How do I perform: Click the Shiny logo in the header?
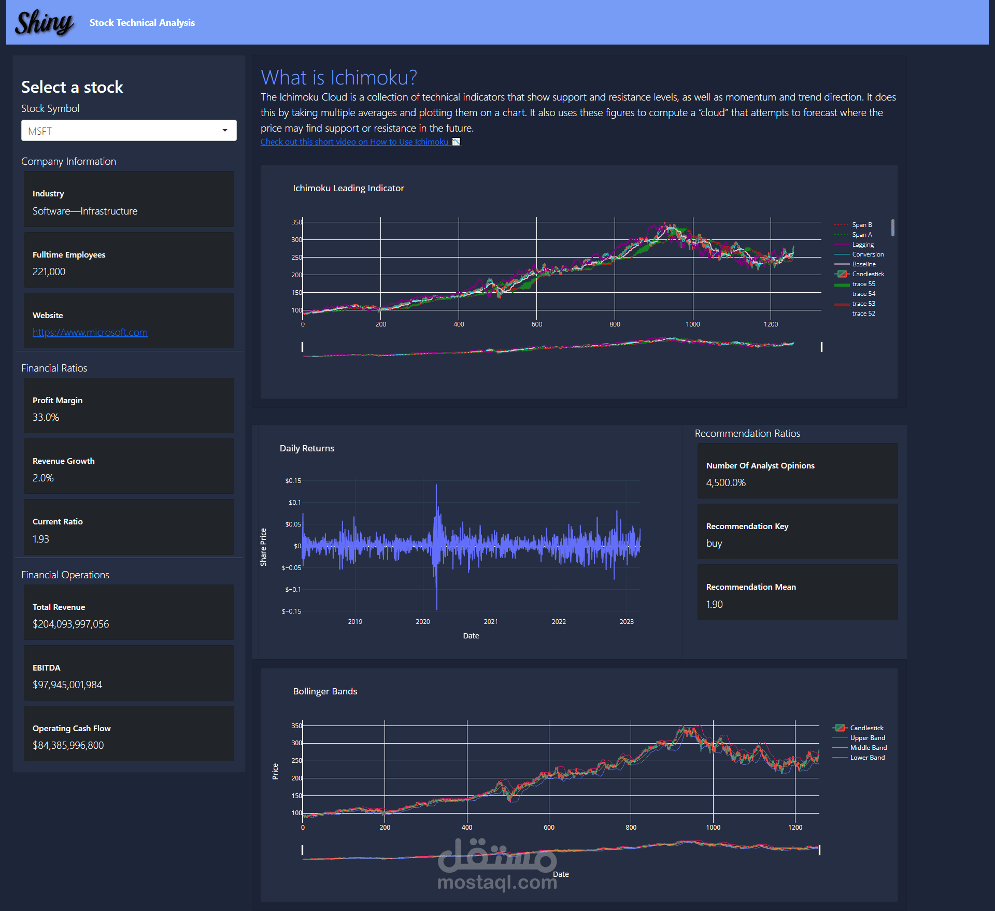click(44, 23)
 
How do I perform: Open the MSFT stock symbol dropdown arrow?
click(225, 131)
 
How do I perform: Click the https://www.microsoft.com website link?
click(90, 333)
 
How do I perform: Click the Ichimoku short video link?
click(354, 142)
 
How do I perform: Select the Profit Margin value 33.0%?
click(46, 418)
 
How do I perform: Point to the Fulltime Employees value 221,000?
click(49, 272)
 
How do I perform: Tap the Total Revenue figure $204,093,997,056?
click(71, 624)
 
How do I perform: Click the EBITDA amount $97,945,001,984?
click(67, 685)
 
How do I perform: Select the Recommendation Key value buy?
click(714, 544)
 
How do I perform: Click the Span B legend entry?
click(862, 225)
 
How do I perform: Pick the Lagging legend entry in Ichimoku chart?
click(863, 245)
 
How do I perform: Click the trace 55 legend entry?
click(863, 284)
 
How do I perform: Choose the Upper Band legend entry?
click(868, 738)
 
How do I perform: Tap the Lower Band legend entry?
click(868, 758)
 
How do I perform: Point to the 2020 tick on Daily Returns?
click(423, 622)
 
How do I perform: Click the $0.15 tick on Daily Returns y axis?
click(293, 481)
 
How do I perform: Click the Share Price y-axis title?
click(263, 547)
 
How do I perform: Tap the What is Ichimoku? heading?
click(339, 78)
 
